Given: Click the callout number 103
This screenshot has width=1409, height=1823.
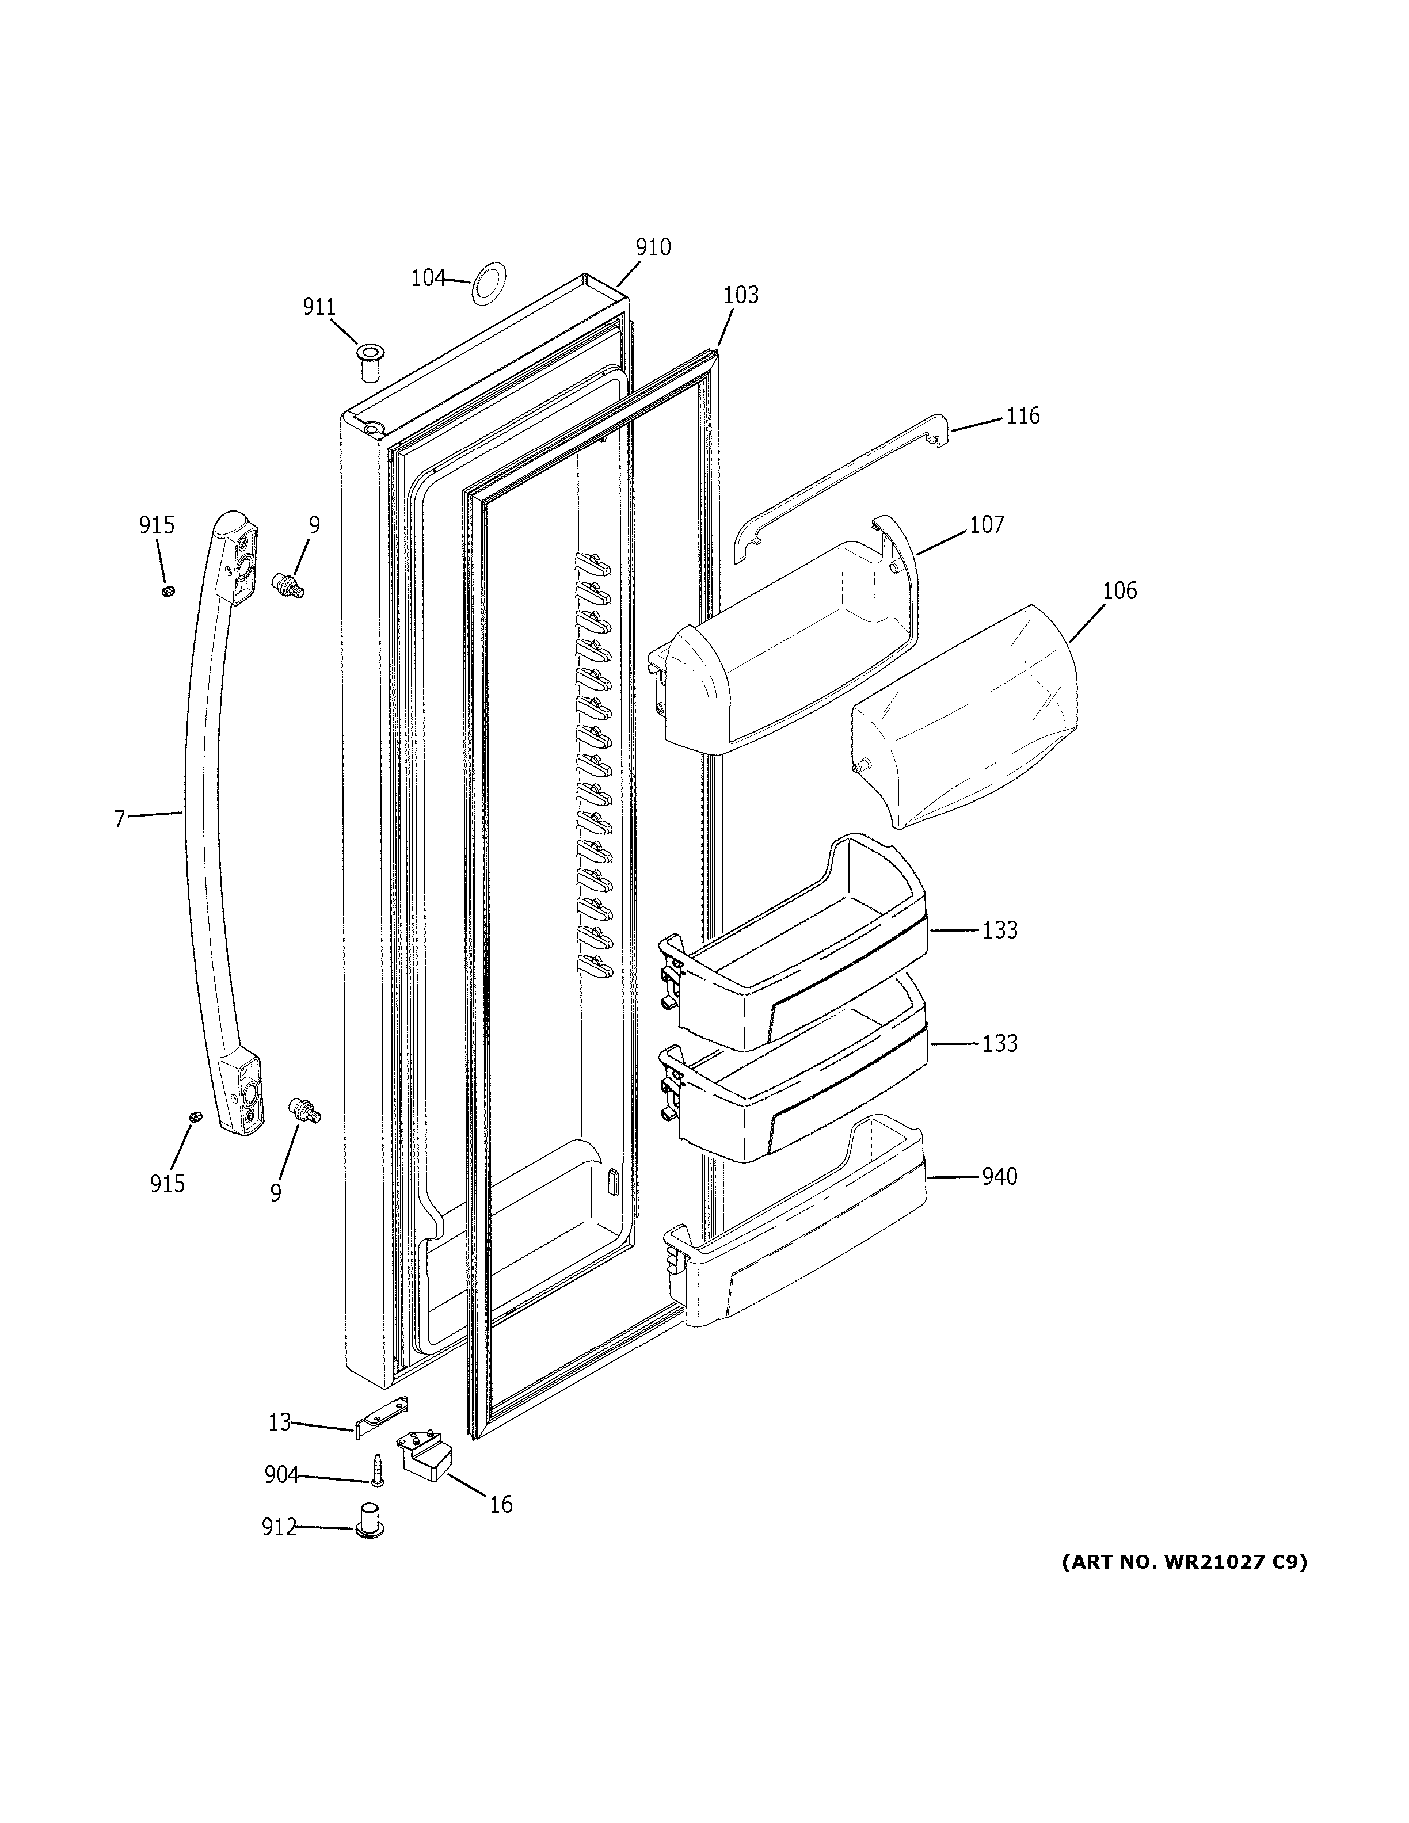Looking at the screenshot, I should tap(740, 295).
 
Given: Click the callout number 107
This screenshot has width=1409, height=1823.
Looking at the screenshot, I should tap(986, 525).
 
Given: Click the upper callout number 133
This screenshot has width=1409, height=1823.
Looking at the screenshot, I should tap(999, 930).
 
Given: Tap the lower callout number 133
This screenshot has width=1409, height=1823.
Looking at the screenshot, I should tap(999, 1043).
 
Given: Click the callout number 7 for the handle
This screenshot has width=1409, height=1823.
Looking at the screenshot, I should tap(119, 819).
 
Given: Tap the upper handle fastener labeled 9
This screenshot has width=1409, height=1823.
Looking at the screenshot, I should tap(289, 584).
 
